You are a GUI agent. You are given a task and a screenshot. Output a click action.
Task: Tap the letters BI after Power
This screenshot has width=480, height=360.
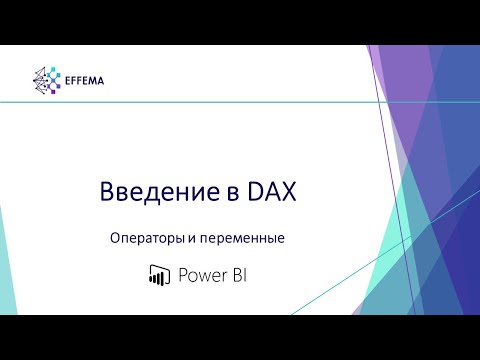[237, 275]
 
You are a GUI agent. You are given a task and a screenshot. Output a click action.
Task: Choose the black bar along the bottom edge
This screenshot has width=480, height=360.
[240, 337]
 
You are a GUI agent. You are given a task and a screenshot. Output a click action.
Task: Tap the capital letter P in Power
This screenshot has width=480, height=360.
[182, 275]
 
